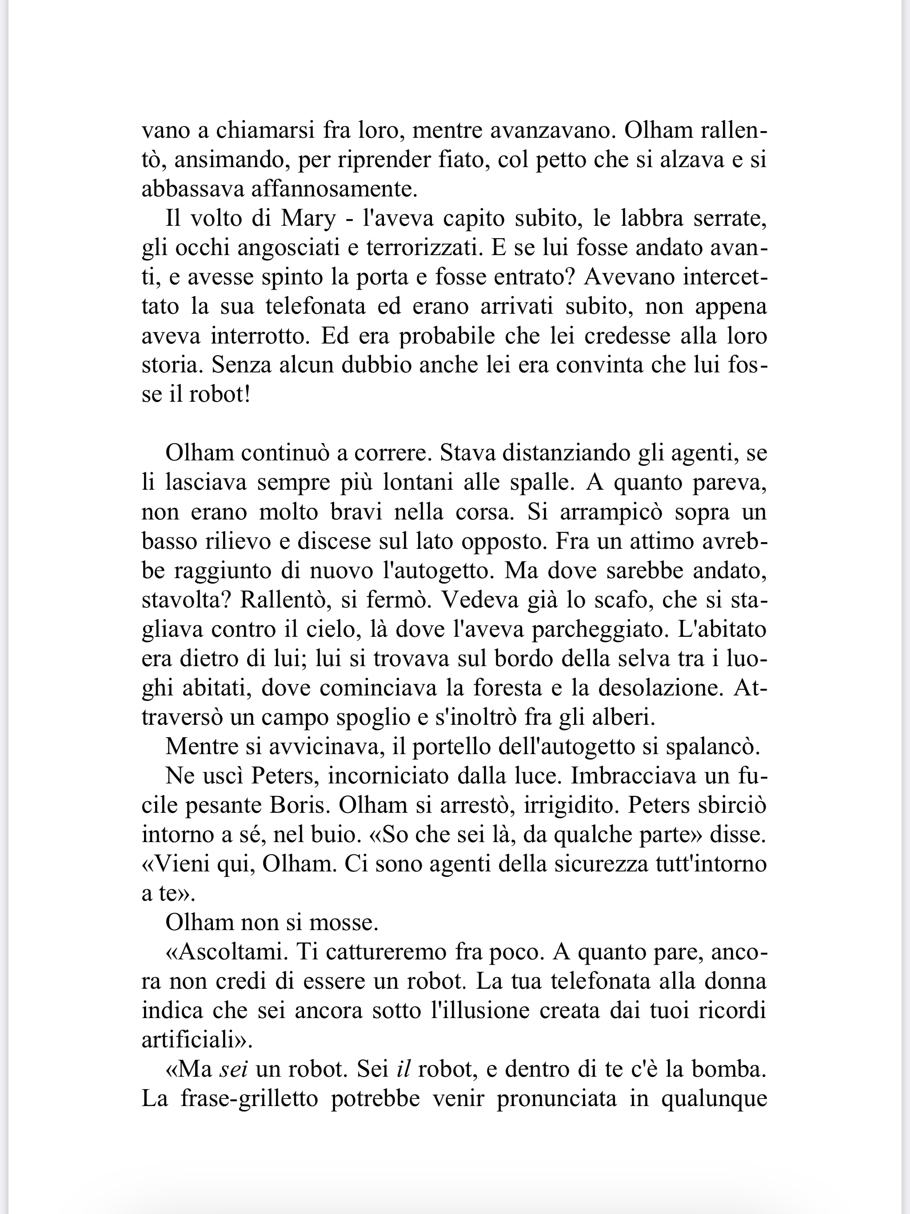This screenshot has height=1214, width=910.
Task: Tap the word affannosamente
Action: click(x=334, y=189)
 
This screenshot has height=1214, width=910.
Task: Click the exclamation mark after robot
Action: click(x=247, y=395)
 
